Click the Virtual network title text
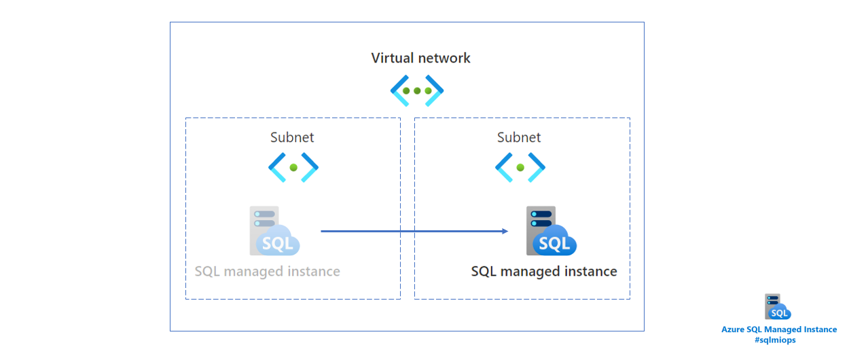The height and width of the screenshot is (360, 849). click(x=420, y=58)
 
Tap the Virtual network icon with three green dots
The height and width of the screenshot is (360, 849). click(x=417, y=90)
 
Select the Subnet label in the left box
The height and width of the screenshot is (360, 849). click(x=292, y=137)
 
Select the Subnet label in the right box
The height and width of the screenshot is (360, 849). click(x=519, y=137)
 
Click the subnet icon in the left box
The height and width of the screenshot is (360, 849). click(x=293, y=166)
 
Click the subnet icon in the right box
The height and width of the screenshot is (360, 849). click(x=520, y=166)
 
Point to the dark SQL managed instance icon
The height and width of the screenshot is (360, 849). click(x=551, y=231)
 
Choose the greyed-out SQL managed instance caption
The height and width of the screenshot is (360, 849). click(x=267, y=272)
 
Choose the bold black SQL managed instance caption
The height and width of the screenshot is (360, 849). click(x=544, y=272)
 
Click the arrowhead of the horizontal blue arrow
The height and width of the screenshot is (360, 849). click(x=505, y=231)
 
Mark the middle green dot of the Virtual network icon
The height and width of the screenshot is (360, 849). click(x=417, y=90)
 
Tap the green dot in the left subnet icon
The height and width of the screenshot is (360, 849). click(x=293, y=166)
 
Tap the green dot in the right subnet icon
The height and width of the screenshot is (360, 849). click(x=520, y=166)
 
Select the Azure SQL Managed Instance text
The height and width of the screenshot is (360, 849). click(x=779, y=329)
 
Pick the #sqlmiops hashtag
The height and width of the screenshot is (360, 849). click(x=779, y=340)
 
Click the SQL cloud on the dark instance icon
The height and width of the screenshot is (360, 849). click(x=555, y=243)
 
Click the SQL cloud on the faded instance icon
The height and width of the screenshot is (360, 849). click(x=278, y=243)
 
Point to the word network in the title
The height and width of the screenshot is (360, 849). click(x=444, y=58)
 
